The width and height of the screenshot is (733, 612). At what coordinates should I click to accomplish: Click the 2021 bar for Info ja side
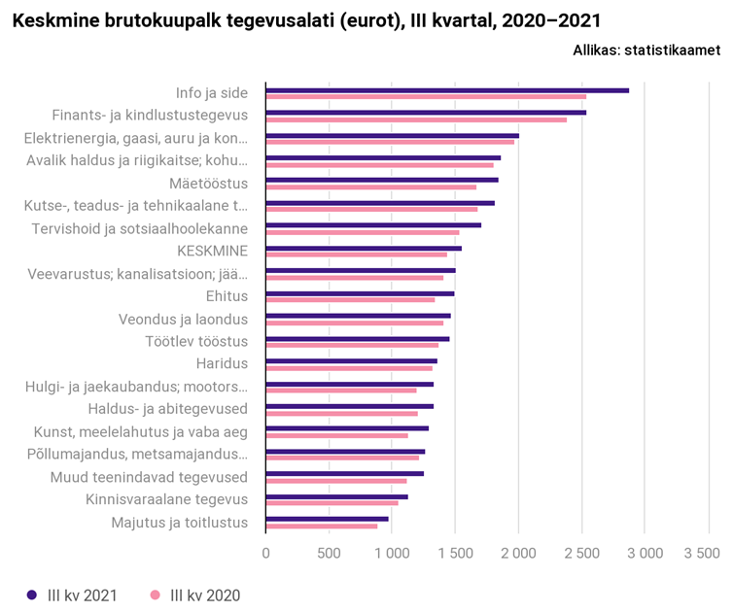coord(447,90)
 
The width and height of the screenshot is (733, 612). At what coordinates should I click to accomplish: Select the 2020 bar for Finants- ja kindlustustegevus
coord(416,119)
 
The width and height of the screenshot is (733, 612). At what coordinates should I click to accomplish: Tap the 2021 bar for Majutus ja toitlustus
coord(327,519)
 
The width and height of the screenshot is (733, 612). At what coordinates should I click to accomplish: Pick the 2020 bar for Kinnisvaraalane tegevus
coord(332,503)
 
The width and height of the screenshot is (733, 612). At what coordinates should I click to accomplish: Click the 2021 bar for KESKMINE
coord(364,248)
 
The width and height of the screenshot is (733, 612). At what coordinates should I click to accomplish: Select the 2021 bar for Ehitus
coord(360,292)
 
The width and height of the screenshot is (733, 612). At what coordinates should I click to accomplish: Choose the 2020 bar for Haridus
coord(349,368)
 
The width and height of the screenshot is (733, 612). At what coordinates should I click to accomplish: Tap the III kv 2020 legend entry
coord(195,595)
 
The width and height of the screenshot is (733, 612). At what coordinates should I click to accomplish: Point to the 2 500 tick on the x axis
coord(581,553)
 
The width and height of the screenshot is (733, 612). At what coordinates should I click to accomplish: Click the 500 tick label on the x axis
coord(329,553)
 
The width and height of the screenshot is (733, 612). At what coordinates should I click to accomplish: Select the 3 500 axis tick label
coord(707,553)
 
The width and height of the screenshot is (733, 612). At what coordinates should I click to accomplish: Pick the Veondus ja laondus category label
coord(183,320)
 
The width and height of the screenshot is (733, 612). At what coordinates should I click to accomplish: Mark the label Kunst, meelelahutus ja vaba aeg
coord(141,432)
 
